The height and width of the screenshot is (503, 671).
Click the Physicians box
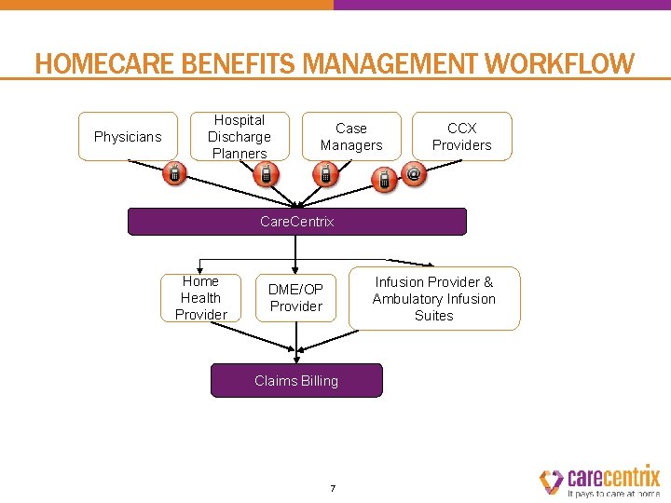128,137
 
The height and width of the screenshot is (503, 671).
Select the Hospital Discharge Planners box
240,137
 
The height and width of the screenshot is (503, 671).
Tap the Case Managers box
351,137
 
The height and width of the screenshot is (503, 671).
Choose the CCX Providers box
461,136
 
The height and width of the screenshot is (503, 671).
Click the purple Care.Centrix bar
296,222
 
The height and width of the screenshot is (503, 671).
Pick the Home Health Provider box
200,298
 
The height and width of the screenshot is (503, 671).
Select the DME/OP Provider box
295,298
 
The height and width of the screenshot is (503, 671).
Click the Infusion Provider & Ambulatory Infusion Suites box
434,298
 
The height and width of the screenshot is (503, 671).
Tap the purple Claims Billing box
296,380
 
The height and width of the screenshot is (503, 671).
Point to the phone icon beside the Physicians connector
174,173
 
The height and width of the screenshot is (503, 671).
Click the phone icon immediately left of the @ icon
383,179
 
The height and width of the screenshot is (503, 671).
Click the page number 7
333,488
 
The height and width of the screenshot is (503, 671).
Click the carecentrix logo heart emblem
551,480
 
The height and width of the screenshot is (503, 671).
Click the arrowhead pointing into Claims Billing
296,359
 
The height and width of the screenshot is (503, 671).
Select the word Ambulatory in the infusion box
407,299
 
